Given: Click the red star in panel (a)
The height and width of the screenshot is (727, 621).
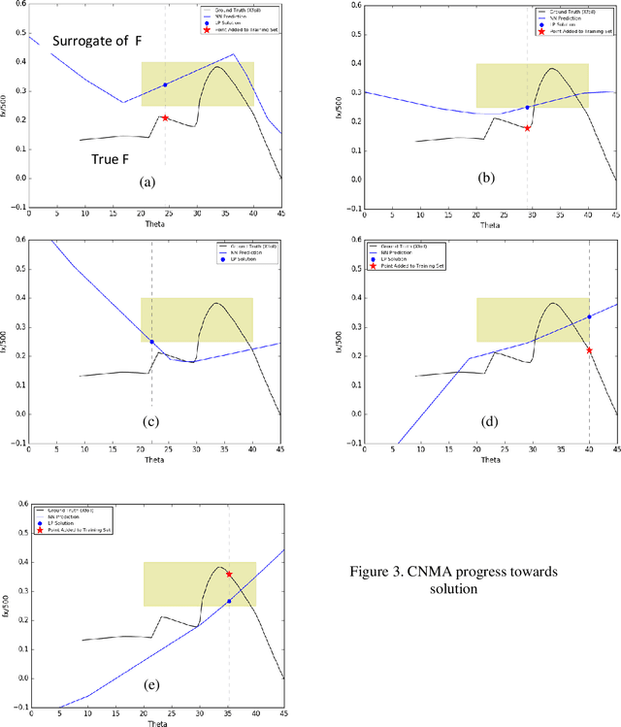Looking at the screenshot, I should tap(165, 117).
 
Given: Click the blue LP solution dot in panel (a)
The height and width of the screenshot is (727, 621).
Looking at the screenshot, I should tap(165, 85).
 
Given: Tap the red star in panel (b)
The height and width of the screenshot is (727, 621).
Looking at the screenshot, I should tap(527, 128).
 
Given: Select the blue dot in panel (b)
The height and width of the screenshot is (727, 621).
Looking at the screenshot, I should tap(527, 107).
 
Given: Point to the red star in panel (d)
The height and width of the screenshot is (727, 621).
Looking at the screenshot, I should tap(589, 350).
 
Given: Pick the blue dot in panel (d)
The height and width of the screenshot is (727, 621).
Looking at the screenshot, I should tap(589, 317).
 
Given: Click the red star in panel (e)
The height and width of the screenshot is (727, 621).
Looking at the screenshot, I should tap(229, 575).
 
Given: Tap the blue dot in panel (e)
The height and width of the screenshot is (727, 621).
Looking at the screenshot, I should tap(229, 602).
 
